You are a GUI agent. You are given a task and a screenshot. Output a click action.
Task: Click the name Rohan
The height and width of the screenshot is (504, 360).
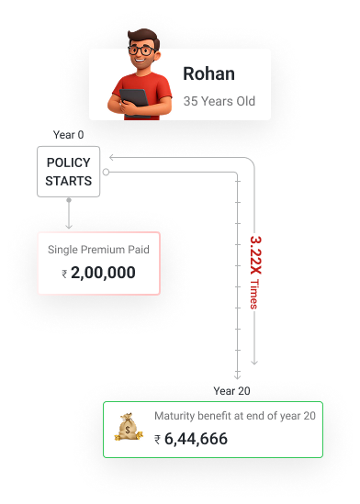[208, 74]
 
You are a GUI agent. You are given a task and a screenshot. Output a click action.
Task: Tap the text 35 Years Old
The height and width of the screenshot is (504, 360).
[219, 100]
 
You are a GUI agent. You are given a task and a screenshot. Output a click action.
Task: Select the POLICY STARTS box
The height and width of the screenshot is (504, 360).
[69, 172]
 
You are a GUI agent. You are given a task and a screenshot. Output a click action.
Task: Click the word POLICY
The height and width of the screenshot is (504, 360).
[69, 163]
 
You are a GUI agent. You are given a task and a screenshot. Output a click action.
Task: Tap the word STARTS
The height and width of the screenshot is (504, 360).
[69, 181]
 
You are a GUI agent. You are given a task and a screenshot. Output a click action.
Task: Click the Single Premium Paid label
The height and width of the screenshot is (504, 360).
[98, 249]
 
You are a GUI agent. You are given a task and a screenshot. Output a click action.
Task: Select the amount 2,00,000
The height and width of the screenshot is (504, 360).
[103, 273]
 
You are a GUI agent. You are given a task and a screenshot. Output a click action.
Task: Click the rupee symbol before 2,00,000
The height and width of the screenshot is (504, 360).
[64, 274]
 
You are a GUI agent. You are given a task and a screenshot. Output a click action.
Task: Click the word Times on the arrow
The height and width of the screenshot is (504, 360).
[255, 297]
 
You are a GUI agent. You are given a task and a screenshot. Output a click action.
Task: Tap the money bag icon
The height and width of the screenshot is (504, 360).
[127, 426]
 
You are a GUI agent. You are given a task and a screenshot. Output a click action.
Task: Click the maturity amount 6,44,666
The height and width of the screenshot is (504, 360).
[196, 439]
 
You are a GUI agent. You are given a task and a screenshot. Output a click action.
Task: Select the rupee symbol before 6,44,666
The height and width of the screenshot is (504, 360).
[158, 440]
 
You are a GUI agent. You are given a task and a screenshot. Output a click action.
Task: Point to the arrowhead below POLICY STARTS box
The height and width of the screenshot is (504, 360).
[69, 224]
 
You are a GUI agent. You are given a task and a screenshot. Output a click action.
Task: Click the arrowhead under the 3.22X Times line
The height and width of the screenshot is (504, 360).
[254, 362]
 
